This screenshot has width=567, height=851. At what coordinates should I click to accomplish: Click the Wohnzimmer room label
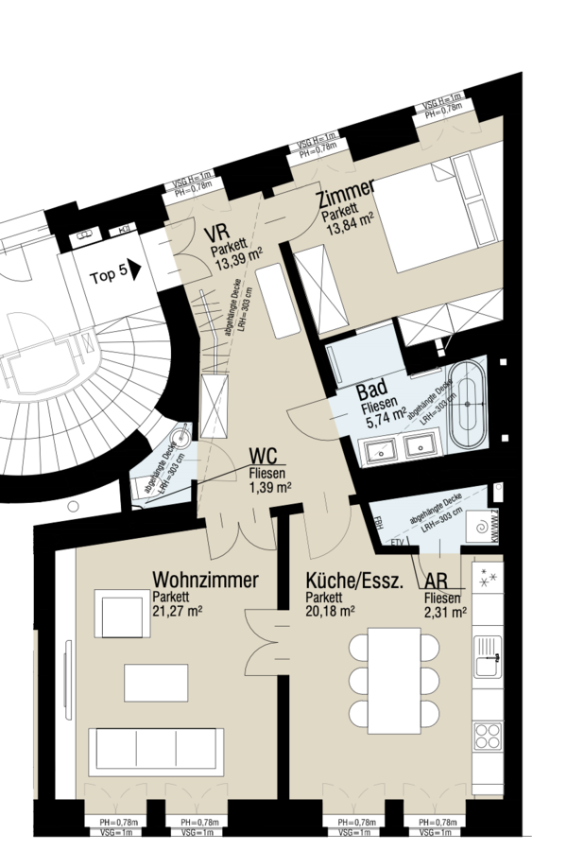pyautogui.click(x=205, y=580)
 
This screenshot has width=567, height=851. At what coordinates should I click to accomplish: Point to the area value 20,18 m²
pyautogui.click(x=330, y=611)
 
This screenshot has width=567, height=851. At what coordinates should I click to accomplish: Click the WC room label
pyautogui.click(x=265, y=458)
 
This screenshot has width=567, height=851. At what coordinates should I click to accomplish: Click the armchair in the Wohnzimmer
pyautogui.click(x=118, y=614)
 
